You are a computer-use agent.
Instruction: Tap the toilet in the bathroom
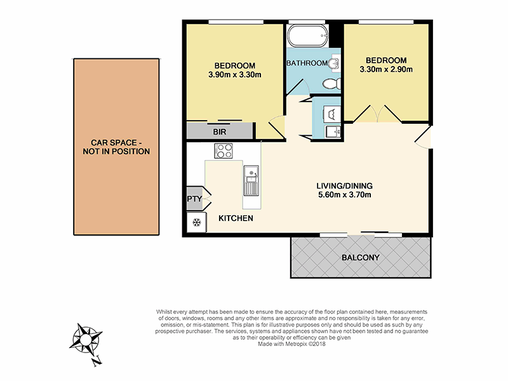coord(331,84)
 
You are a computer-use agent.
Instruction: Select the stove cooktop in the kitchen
coord(224,150)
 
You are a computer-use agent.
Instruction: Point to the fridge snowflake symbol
coord(196,222)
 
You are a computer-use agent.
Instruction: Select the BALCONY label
coord(360,258)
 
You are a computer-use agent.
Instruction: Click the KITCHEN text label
coord(236,218)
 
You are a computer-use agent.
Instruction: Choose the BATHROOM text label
coord(307,63)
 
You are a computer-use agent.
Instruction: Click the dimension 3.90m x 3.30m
coord(234,76)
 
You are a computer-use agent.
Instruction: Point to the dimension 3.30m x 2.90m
coord(386,69)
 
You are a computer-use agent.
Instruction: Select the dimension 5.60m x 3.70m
coord(345,195)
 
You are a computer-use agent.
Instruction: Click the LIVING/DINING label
coord(345,185)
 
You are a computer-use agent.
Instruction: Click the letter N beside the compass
coord(96,363)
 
